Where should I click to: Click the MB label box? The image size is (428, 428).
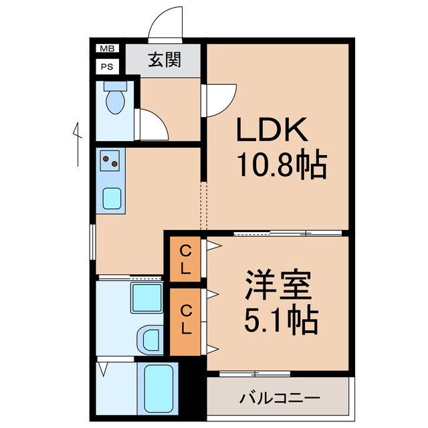[x=106, y=49]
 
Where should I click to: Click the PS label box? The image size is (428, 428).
[x=106, y=66]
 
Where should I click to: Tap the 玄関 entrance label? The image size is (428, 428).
[x=164, y=60]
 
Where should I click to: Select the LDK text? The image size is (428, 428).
[x=272, y=129]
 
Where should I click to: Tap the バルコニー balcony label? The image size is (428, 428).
[x=280, y=398]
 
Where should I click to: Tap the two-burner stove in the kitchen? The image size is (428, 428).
[x=111, y=160]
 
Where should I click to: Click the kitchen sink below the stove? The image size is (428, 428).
[x=111, y=197]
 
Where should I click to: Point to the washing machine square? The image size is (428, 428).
[x=145, y=297]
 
